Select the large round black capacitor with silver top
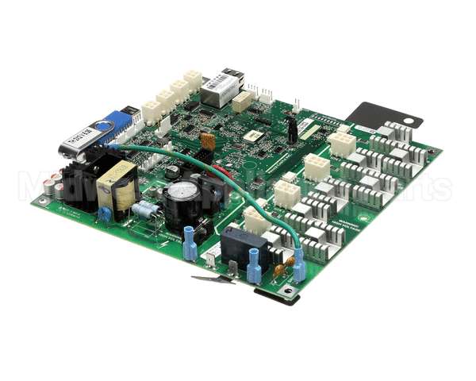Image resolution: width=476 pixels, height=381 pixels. pos(182,196)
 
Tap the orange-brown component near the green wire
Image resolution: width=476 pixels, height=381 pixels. pos(207,141)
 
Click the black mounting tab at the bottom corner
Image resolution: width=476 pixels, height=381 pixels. pos(278,294)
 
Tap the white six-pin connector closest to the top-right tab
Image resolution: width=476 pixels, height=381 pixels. pos(341,144)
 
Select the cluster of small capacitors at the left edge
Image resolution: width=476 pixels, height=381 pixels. pos(54,186)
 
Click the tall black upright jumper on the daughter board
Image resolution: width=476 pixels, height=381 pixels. pos(292,130)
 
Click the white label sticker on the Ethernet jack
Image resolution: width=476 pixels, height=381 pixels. pos(217,83)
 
